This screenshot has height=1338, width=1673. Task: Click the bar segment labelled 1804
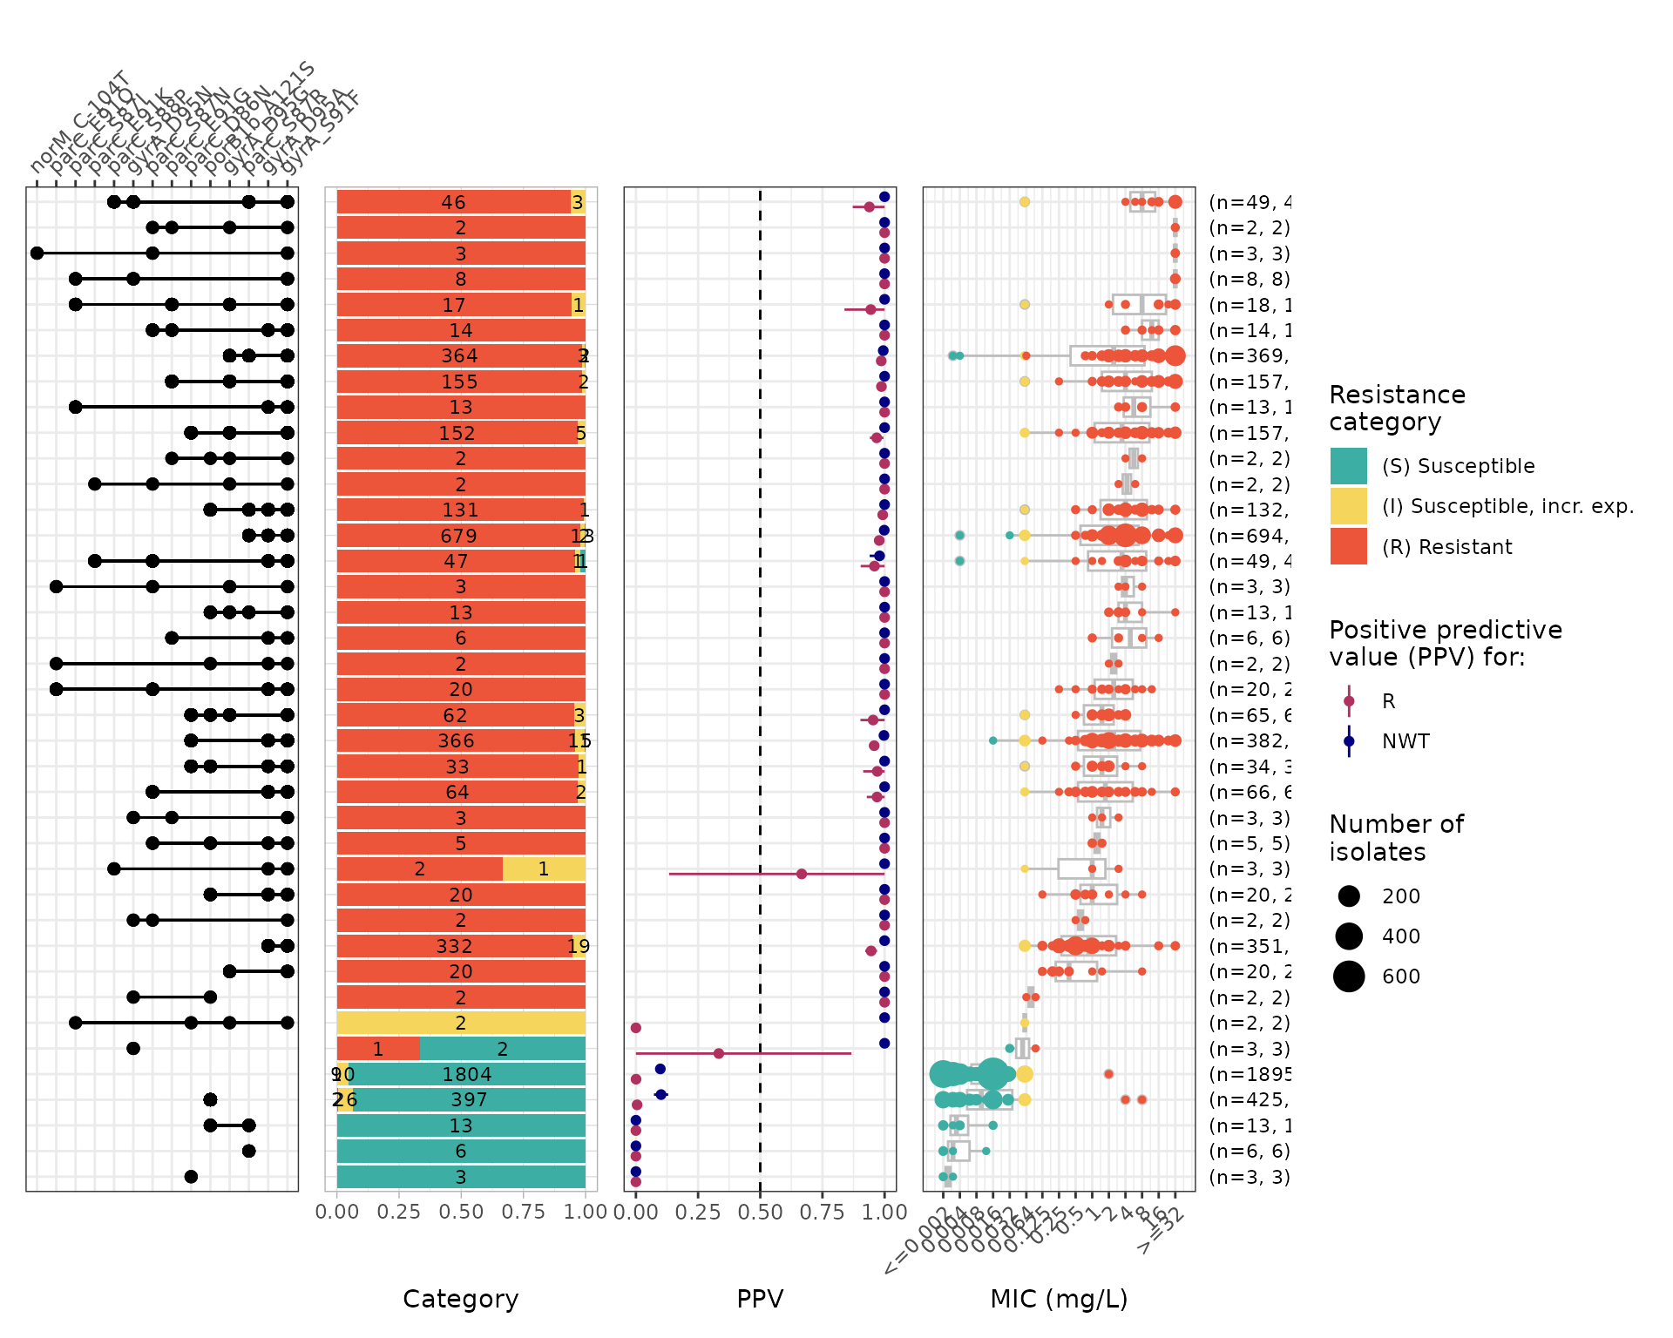[x=467, y=1074]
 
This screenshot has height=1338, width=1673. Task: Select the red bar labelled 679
[x=458, y=536]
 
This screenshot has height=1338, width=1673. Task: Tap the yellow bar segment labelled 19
[x=579, y=946]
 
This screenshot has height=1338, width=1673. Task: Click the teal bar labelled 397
[x=469, y=1099]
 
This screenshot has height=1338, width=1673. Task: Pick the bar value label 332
[x=454, y=946]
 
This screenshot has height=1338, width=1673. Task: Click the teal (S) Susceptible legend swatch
[x=1348, y=466]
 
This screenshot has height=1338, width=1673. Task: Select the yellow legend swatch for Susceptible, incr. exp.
[x=1348, y=506]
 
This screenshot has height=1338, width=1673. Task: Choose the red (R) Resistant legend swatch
[x=1348, y=546]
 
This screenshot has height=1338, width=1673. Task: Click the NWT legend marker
[x=1349, y=741]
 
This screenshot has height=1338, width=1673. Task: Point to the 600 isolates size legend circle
[x=1349, y=976]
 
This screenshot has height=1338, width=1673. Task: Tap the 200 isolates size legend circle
[x=1349, y=895]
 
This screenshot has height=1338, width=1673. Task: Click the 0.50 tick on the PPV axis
[x=760, y=1212]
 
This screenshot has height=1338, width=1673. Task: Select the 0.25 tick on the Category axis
[x=399, y=1212]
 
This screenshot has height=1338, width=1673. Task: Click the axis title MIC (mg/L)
[x=1059, y=1299]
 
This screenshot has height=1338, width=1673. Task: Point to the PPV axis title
[x=760, y=1299]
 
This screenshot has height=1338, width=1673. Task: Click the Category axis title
[x=460, y=1299]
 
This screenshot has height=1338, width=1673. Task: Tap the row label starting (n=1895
[x=1250, y=1074]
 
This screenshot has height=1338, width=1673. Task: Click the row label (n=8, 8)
[x=1250, y=279]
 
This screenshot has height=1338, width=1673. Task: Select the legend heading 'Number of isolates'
[x=1396, y=837]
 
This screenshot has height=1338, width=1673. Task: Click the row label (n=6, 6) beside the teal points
[x=1250, y=1151]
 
